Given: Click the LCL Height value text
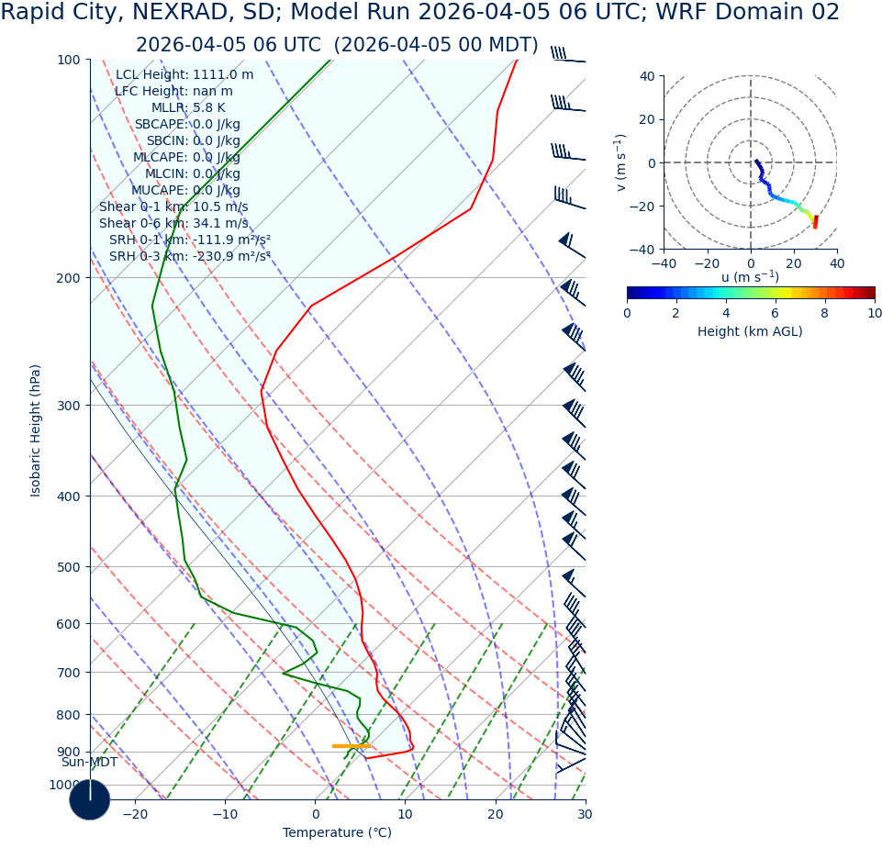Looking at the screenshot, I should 184,75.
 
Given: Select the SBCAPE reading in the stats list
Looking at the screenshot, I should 187,125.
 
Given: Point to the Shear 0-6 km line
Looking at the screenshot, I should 173,223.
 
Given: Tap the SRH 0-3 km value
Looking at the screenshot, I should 190,257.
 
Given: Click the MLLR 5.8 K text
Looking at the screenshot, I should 188,108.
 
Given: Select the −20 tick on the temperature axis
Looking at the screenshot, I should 134,814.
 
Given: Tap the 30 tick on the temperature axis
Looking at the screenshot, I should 585,814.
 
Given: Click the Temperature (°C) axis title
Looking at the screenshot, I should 337,833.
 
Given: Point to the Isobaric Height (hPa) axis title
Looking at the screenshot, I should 36,430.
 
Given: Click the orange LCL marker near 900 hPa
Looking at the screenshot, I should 351,746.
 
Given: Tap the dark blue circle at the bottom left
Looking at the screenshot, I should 90,799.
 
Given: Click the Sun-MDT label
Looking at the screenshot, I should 89,763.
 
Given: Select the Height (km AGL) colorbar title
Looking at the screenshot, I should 750,331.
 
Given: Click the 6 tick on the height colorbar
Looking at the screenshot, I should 776,313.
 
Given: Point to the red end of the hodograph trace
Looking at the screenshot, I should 815,222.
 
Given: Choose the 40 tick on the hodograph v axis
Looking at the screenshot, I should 646,76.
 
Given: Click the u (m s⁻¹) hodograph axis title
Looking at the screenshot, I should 750,277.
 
